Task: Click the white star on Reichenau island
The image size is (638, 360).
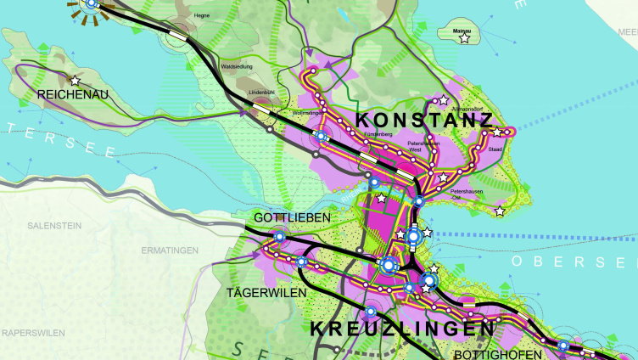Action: coord(76,81)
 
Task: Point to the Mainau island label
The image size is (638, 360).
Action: coord(462,30)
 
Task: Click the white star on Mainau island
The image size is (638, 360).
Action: coord(463,38)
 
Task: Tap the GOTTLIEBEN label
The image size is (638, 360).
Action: coord(291,218)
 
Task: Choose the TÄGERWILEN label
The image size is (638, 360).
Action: coord(261,292)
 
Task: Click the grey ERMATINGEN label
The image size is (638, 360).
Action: coord(171,250)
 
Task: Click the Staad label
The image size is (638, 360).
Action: coord(495,148)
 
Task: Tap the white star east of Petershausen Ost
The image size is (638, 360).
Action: coord(500,211)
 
